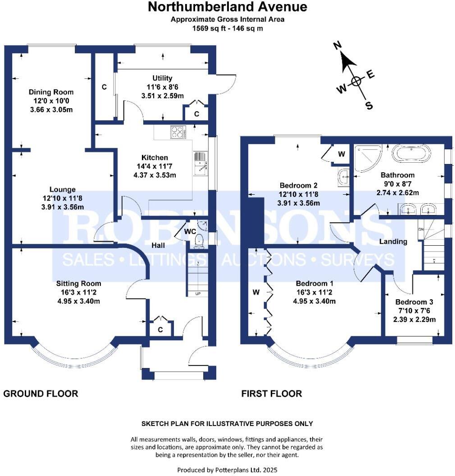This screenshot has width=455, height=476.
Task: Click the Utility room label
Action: click(x=162, y=78)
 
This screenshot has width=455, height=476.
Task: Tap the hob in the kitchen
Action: click(x=178, y=132)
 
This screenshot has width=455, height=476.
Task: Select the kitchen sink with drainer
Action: click(x=200, y=164)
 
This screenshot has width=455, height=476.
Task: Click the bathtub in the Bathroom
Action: click(x=411, y=154)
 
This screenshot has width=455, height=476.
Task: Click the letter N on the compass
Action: click(x=337, y=46)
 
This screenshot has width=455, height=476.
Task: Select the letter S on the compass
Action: click(x=369, y=105)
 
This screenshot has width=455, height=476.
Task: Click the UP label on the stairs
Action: click(x=198, y=294)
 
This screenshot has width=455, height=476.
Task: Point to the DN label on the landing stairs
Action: click(x=421, y=229)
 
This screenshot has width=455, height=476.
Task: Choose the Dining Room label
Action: click(x=51, y=92)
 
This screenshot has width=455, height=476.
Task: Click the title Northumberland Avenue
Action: click(x=227, y=7)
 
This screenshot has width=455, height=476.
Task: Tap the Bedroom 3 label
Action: click(x=414, y=302)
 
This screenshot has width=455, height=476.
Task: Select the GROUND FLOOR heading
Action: click(x=41, y=394)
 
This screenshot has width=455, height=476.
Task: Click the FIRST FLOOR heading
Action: click(x=272, y=394)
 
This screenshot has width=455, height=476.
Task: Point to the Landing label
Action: click(x=393, y=241)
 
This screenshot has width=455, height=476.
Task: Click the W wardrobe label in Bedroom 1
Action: click(x=256, y=292)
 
